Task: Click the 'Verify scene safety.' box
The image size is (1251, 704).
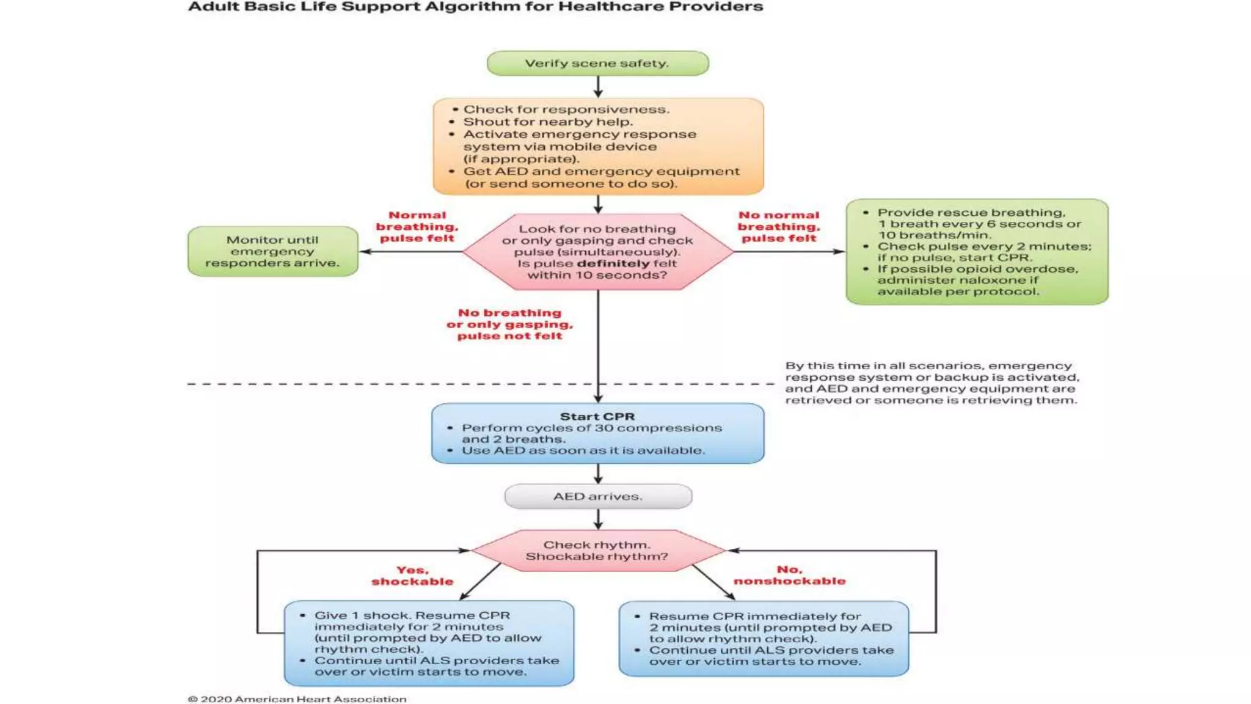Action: pyautogui.click(x=597, y=64)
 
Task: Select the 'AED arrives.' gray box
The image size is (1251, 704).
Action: pyautogui.click(x=597, y=496)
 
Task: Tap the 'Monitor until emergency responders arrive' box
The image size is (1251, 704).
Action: pyautogui.click(x=272, y=251)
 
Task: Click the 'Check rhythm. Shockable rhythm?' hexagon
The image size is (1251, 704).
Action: pyautogui.click(x=597, y=550)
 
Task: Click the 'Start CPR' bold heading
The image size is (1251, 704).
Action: pyautogui.click(x=597, y=416)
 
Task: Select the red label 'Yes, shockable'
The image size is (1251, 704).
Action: pyautogui.click(x=412, y=576)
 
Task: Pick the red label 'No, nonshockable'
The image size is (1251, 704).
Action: pyautogui.click(x=789, y=575)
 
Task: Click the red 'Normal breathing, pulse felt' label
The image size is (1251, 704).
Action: pyautogui.click(x=417, y=227)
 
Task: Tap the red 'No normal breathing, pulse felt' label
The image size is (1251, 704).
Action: pyautogui.click(x=779, y=227)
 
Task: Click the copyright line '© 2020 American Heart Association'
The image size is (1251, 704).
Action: pyautogui.click(x=297, y=698)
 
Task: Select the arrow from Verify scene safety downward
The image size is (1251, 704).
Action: pyautogui.click(x=598, y=86)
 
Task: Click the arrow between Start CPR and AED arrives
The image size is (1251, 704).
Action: pyautogui.click(x=598, y=474)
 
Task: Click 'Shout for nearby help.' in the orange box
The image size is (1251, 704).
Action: pyautogui.click(x=547, y=122)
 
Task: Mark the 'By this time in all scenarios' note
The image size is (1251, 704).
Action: pyautogui.click(x=932, y=383)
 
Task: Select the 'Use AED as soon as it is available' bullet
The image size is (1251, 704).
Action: pyautogui.click(x=583, y=450)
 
